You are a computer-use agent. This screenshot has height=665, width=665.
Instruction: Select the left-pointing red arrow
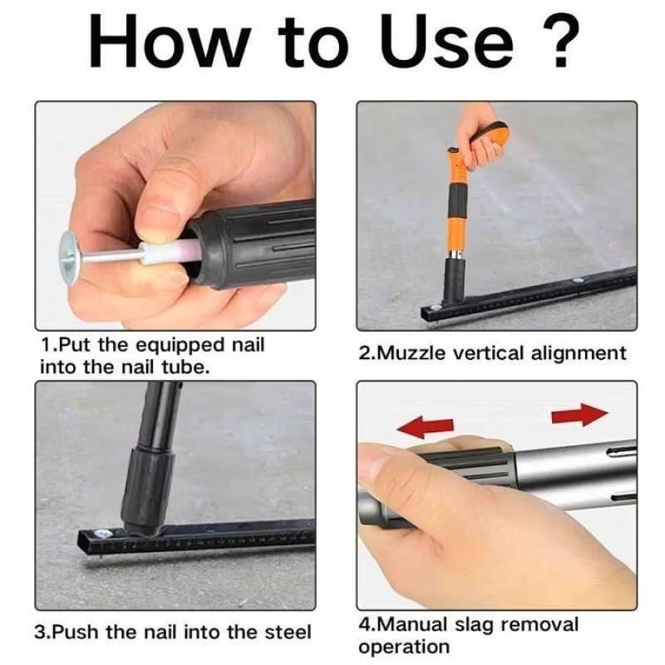click(426, 426)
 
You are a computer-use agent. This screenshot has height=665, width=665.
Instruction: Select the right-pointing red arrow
click(579, 414)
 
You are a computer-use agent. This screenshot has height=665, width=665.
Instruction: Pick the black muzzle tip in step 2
click(454, 279)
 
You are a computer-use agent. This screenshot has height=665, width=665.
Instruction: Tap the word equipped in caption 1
click(181, 346)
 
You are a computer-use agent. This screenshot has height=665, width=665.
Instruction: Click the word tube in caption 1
click(186, 367)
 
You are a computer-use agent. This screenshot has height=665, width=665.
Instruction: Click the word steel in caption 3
click(288, 632)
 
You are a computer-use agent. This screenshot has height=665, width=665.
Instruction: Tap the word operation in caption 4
click(404, 648)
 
